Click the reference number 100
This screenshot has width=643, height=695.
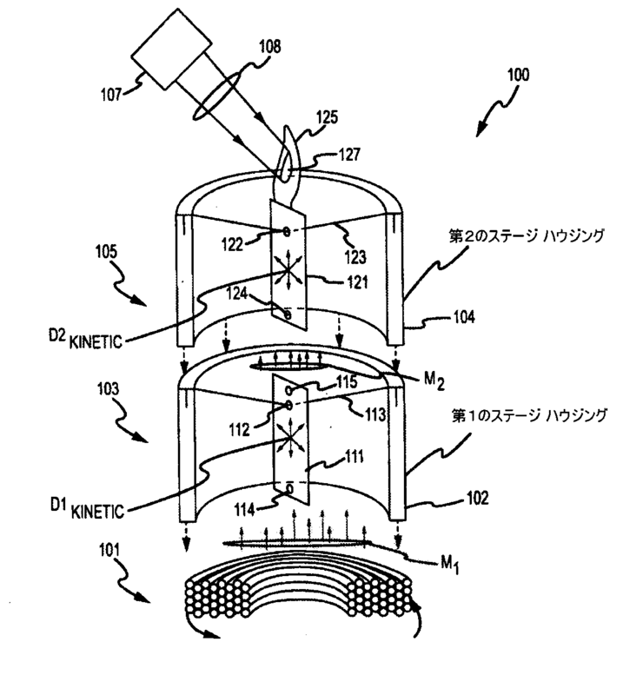coord(518,75)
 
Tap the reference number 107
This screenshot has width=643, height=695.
coord(111,95)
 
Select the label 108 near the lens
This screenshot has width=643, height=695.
coord(270,46)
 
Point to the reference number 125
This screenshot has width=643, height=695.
coord(327,117)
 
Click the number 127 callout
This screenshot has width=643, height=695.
coord(349,155)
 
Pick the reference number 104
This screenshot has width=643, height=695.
coord(464,317)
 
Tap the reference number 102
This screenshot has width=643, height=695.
coord(478,498)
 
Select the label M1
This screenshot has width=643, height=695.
coord(449,565)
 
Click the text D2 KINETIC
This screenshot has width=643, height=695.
coord(85,339)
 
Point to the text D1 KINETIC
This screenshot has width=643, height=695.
coord(87,509)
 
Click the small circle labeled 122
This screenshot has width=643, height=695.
coord(287,230)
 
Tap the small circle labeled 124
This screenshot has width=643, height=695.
coord(288,314)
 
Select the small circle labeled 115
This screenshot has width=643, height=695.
coord(289,390)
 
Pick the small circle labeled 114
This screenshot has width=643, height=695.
coord(289,489)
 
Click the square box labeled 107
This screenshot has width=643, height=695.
coord(171,49)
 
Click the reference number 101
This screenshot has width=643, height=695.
coord(109,550)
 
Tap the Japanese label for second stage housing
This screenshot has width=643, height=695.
coord(527,236)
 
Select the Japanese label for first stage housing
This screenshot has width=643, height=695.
coord(529,416)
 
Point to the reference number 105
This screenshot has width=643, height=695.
coord(106,252)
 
